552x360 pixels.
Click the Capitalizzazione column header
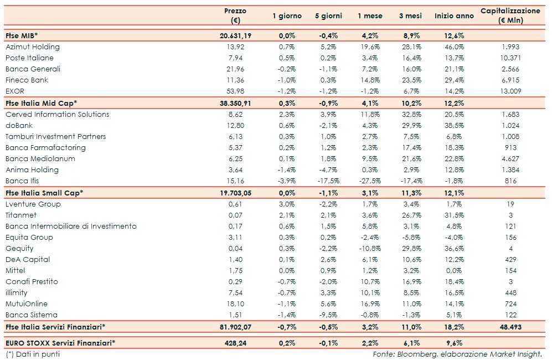pos(510,16)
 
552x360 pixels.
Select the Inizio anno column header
pos(454,16)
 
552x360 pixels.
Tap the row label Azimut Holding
pos(33,47)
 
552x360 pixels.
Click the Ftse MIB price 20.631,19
pos(236,36)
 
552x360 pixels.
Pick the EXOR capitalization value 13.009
pos(510,91)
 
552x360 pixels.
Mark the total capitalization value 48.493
pos(510,327)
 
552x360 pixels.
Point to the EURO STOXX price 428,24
pos(239,343)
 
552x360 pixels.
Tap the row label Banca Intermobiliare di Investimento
pos(71,227)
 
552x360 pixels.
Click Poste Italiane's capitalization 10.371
pos(510,58)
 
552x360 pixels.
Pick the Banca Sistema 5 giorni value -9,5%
pos(328,315)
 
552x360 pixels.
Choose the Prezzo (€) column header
pos(236,16)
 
